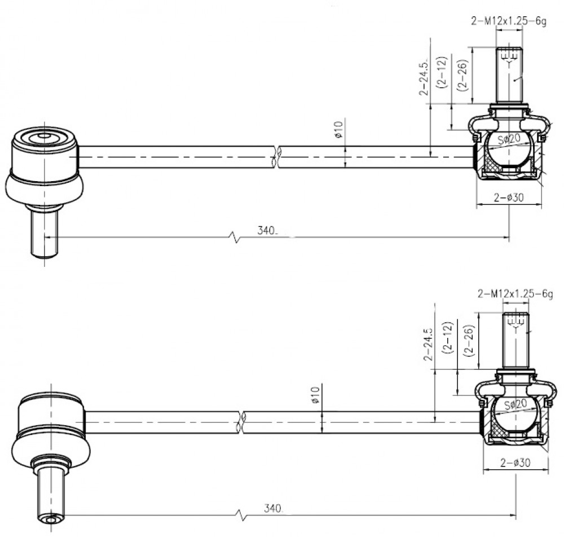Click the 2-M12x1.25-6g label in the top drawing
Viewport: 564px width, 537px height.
[x=509, y=21]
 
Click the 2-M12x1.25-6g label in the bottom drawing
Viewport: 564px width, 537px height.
[x=515, y=294]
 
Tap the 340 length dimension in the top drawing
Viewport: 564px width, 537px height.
[x=267, y=230]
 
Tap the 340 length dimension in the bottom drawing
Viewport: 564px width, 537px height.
[x=274, y=508]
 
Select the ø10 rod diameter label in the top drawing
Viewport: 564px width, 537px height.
[x=338, y=130]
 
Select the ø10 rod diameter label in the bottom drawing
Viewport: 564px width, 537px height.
[x=315, y=394]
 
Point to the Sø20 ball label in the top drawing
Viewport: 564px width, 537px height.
[x=509, y=138]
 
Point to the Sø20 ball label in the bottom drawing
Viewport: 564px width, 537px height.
[x=515, y=404]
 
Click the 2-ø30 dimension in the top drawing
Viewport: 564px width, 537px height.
[x=509, y=197]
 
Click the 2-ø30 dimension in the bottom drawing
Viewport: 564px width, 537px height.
[x=515, y=463]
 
